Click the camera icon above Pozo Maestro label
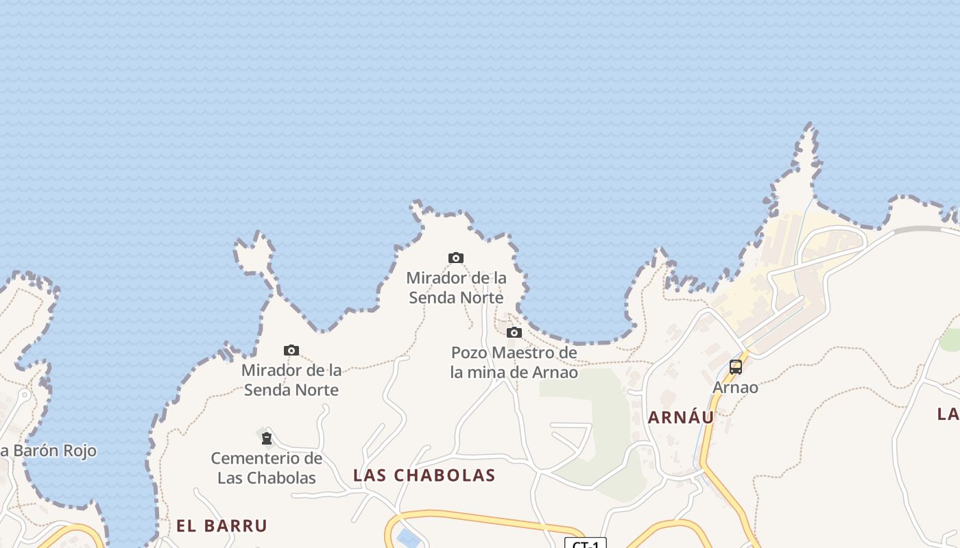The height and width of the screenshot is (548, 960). click(x=514, y=333)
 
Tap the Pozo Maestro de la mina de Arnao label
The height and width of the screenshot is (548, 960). click(x=514, y=362)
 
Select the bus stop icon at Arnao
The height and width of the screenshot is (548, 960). click(x=736, y=366)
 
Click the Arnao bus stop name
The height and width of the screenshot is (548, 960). click(x=735, y=387)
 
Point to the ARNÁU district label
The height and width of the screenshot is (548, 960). click(x=681, y=417)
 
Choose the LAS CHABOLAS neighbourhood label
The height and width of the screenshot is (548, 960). click(x=424, y=475)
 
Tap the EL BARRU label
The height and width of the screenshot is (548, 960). click(x=221, y=526)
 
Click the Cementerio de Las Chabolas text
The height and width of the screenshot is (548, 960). click(x=266, y=468)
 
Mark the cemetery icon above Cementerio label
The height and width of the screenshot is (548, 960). click(x=266, y=438)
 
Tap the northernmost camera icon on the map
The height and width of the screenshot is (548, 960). click(x=456, y=258)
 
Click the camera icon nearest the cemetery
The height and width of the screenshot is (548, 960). click(x=291, y=351)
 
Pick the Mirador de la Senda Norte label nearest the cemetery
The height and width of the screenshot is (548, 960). click(x=291, y=380)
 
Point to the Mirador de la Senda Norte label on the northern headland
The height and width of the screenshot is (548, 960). click(x=456, y=288)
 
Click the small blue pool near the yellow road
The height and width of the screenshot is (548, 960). click(x=409, y=539)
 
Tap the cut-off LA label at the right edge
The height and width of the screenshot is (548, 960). click(x=948, y=414)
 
